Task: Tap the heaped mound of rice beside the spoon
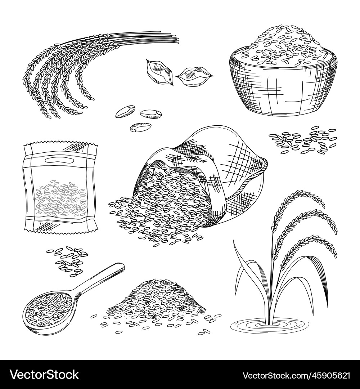click(158, 301)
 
